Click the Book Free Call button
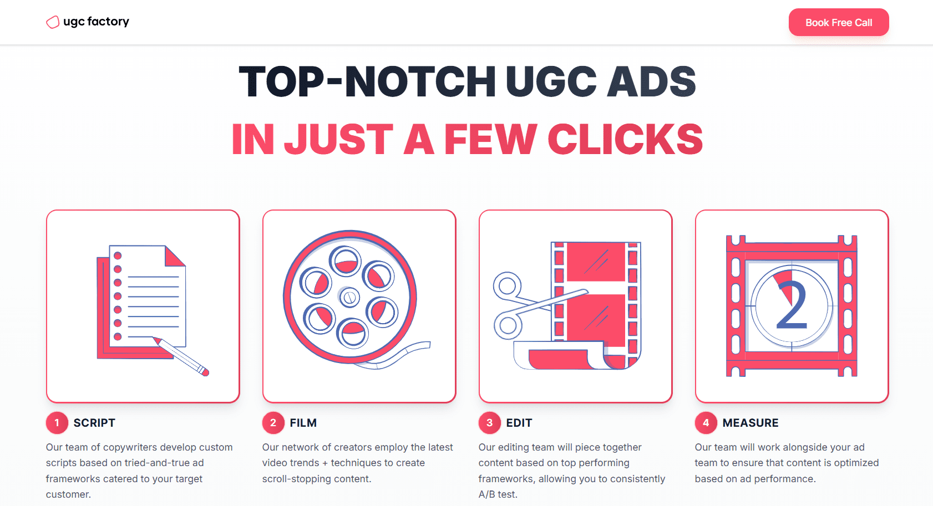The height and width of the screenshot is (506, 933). (839, 23)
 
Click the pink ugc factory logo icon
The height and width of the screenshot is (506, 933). (53, 22)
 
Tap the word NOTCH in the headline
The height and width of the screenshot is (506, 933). (420, 82)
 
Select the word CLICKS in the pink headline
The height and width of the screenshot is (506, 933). (625, 139)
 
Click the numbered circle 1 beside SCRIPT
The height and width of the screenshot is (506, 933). (57, 423)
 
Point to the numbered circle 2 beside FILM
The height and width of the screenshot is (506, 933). (273, 423)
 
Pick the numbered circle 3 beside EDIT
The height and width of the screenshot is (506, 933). (489, 423)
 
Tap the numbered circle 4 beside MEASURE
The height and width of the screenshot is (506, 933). (706, 423)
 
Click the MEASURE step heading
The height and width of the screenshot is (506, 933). (750, 423)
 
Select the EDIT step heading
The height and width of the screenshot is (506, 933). (519, 423)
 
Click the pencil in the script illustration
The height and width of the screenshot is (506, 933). (181, 356)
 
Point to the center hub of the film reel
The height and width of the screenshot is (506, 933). (349, 297)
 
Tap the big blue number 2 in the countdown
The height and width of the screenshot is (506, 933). (792, 305)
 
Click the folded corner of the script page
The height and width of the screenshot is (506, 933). (174, 255)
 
